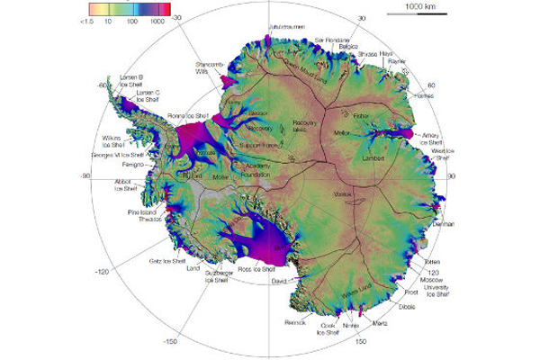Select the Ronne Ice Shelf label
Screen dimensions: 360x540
[190, 116]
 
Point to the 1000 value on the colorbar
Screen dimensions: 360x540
[157, 19]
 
